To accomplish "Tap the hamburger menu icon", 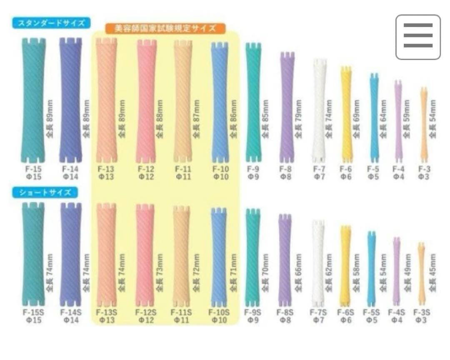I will click(418, 37).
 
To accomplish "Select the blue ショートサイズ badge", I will click(45, 192).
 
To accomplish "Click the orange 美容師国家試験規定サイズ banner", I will click(165, 28).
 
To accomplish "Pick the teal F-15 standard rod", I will click(33, 100).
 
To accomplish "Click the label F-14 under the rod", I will click(70, 169).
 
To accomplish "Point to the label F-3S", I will click(422, 312).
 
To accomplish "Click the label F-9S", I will click(252, 312).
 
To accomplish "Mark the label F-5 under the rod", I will click(373, 169).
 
